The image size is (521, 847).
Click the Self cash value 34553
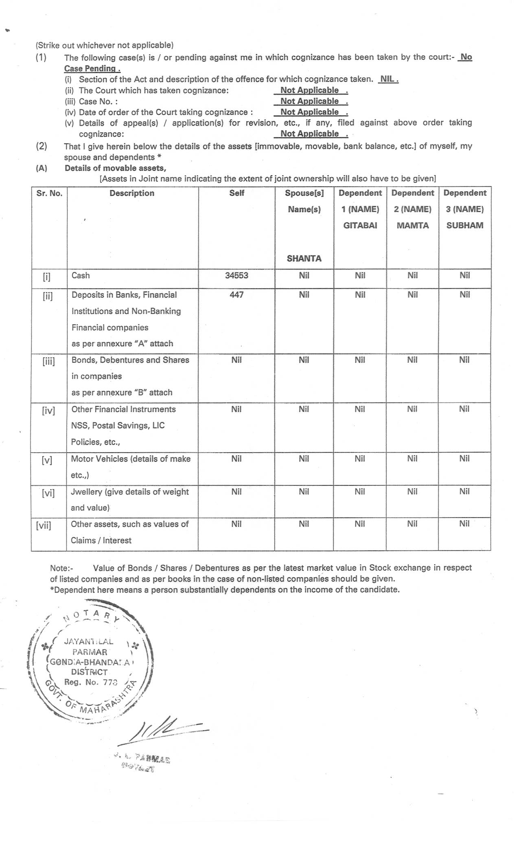click(x=236, y=276)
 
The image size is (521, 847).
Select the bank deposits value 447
click(x=236, y=295)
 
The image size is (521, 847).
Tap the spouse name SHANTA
click(x=304, y=259)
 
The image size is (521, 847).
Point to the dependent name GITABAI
click(x=360, y=226)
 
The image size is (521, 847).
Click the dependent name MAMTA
click(x=413, y=226)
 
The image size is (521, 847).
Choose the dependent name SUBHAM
click(x=465, y=226)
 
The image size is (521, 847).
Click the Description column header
click(x=132, y=193)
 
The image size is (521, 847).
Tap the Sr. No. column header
click(x=49, y=193)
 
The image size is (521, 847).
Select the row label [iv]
click(x=48, y=410)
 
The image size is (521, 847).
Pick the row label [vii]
click(x=44, y=525)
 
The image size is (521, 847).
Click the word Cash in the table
click(x=81, y=276)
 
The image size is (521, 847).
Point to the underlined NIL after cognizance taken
click(x=387, y=79)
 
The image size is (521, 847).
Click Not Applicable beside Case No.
click(x=310, y=101)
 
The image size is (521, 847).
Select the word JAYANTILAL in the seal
click(x=89, y=641)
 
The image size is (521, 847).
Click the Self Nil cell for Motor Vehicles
click(x=236, y=459)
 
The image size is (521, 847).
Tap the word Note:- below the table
click(x=61, y=568)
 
